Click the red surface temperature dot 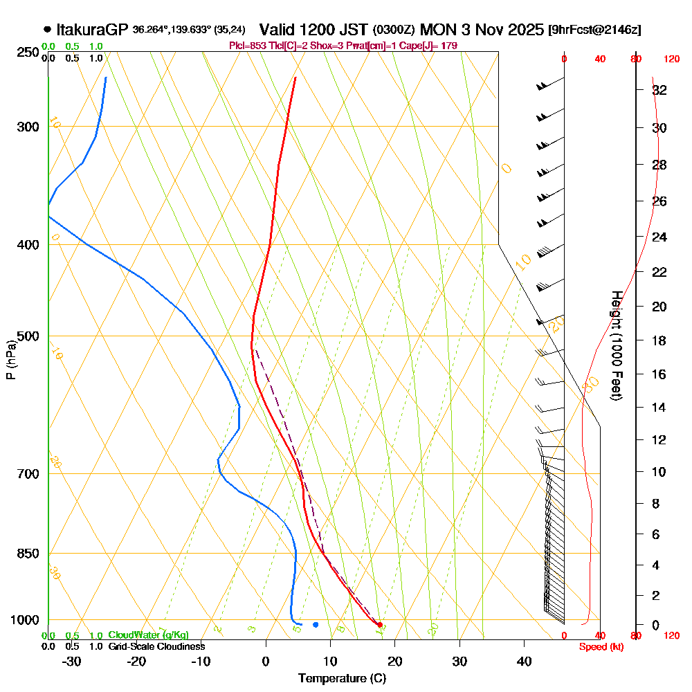[379, 625]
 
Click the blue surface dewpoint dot [316, 624]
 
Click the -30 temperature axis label [72, 661]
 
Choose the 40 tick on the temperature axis [524, 661]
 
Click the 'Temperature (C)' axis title [342, 678]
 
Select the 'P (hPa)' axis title [10, 360]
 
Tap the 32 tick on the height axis [659, 90]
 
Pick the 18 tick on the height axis [659, 340]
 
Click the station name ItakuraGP [93, 30]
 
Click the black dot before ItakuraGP [47, 30]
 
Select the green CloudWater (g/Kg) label [148, 635]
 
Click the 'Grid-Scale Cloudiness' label [156, 646]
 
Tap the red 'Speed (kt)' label [599, 646]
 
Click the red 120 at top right [671, 59]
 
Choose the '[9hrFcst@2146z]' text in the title [594, 30]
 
